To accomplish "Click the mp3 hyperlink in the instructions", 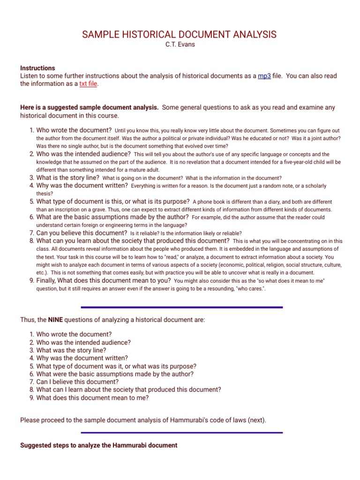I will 264,76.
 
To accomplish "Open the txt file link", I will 89,84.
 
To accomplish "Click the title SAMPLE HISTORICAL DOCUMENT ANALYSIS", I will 180,35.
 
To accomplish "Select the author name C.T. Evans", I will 180,45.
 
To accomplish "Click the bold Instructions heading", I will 37,68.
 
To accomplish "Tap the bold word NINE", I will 55,320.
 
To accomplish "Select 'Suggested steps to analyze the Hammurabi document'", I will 99,445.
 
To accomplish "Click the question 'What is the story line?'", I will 67,178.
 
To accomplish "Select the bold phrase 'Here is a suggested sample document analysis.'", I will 90,107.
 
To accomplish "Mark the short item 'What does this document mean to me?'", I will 92,397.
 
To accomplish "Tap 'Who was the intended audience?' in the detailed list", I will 83,154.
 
